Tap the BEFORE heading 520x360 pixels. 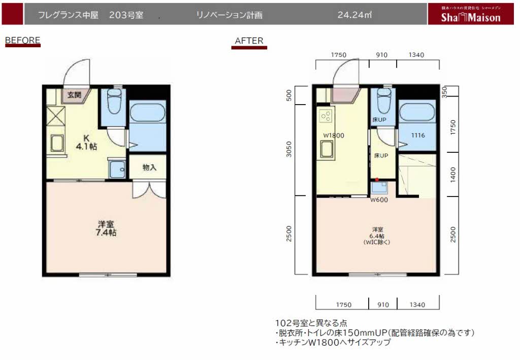(x=22, y=40)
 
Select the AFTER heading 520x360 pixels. (x=249, y=41)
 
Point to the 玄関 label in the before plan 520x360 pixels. (x=75, y=95)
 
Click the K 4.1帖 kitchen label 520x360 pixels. (x=86, y=142)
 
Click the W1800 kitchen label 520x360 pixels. (x=334, y=135)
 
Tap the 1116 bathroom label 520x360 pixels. (x=418, y=135)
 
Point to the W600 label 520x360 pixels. (x=378, y=200)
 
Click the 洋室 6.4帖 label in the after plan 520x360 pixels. (x=376, y=236)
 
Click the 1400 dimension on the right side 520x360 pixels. (x=453, y=174)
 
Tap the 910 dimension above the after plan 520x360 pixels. (x=383, y=55)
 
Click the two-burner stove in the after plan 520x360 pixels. (x=325, y=116)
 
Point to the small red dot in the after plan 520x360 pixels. (x=376, y=180)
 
